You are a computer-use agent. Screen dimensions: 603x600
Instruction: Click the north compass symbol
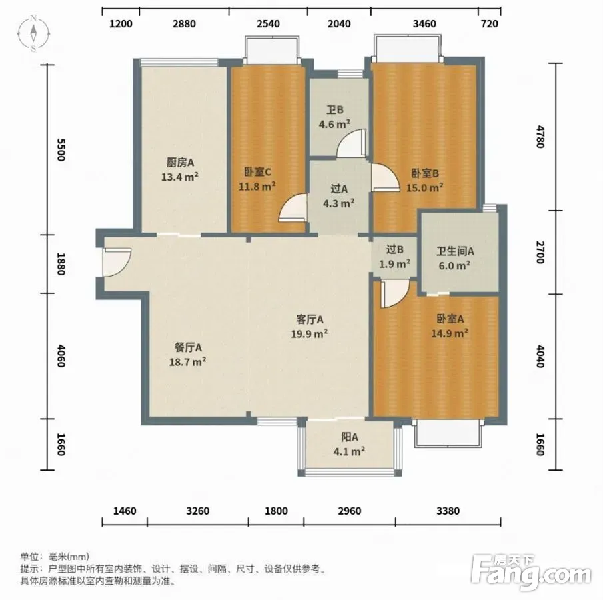[34, 33]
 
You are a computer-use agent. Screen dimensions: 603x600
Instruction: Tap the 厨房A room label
[180, 163]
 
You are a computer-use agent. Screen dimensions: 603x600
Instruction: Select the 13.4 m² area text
[180, 177]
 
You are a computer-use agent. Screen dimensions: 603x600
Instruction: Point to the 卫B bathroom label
[335, 110]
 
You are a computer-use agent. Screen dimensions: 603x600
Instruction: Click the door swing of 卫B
[352, 143]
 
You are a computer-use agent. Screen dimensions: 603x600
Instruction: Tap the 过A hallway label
[339, 189]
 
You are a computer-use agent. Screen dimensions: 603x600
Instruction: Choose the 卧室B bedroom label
[425, 173]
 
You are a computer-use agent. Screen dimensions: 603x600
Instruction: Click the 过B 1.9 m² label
[395, 257]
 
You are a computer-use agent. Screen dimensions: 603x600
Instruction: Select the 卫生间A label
[455, 251]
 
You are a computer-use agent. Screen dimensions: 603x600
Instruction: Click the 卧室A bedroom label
[450, 319]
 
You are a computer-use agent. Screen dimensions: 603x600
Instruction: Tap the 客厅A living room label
[310, 319]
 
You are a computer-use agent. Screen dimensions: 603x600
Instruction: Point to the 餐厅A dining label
[188, 348]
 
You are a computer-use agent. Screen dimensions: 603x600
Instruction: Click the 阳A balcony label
[350, 437]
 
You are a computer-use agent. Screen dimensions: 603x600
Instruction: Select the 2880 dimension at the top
[184, 24]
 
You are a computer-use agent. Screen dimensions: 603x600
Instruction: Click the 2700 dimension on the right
[540, 253]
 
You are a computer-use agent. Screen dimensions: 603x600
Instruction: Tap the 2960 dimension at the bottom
[350, 511]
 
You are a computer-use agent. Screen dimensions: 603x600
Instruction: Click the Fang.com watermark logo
[531, 573]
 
